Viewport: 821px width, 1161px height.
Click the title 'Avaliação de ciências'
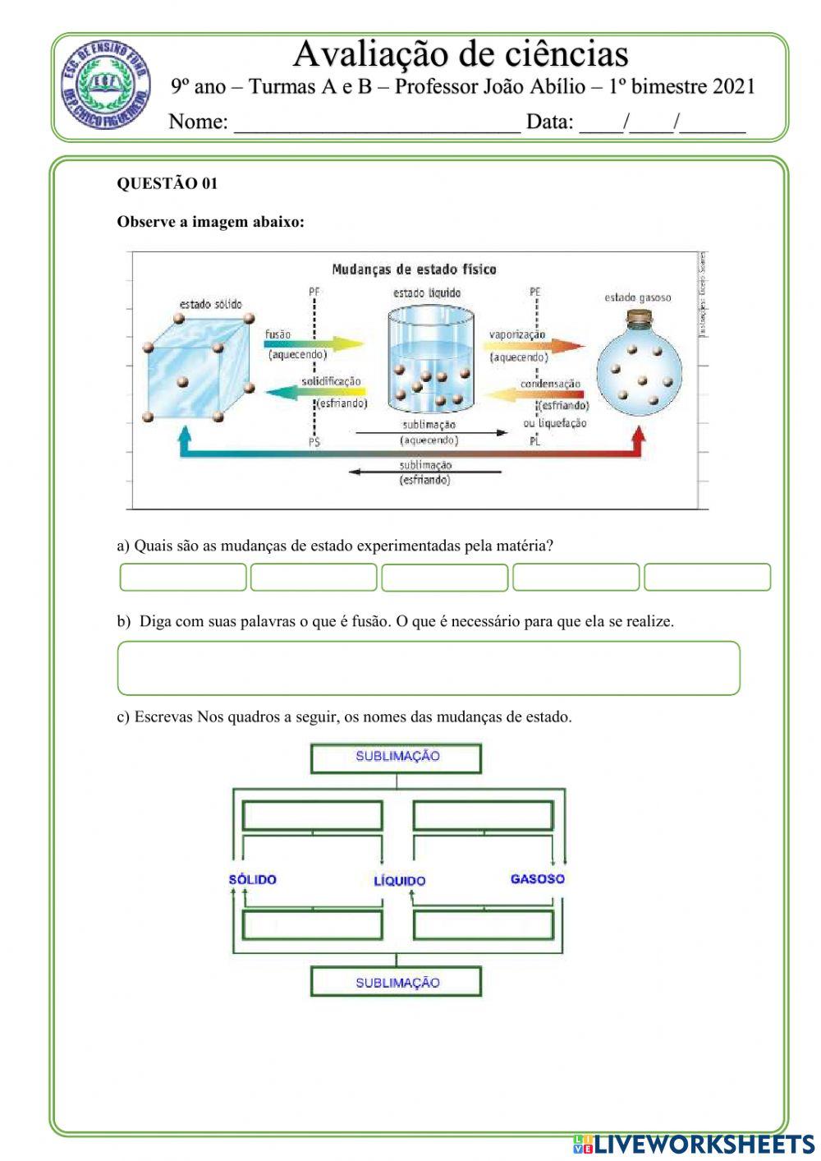[461, 54]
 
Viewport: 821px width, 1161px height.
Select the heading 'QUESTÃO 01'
[167, 183]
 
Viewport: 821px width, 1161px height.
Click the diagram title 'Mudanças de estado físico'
[414, 269]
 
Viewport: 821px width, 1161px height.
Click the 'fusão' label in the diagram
[278, 334]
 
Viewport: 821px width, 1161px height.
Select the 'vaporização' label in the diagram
[517, 334]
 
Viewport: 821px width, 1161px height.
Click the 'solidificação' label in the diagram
[331, 381]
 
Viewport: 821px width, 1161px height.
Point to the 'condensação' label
[550, 384]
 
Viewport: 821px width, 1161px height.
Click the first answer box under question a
[183, 577]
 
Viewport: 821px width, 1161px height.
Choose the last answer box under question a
[707, 577]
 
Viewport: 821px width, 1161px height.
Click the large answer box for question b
[429, 668]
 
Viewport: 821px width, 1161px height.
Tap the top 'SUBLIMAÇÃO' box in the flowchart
[397, 758]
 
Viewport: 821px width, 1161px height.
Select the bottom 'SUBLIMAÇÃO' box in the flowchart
[397, 983]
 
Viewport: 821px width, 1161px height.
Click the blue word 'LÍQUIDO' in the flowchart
[400, 881]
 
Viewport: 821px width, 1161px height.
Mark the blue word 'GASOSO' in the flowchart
[538, 879]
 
